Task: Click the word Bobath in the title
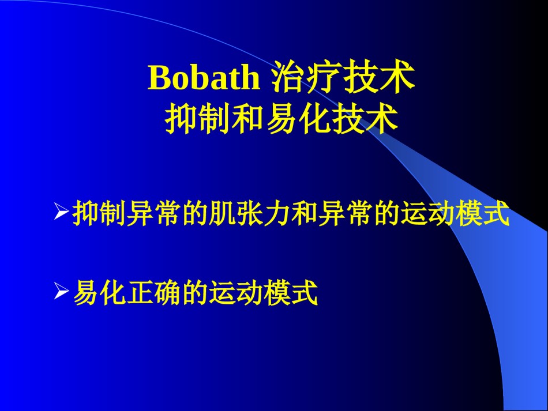(x=204, y=77)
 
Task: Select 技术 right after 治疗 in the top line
(x=379, y=77)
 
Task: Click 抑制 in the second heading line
(x=197, y=119)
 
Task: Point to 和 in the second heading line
(x=248, y=119)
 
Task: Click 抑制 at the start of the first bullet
(x=99, y=213)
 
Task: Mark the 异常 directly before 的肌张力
(x=153, y=213)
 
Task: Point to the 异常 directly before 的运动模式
(x=345, y=213)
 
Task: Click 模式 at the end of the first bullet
(x=482, y=213)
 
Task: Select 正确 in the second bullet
(x=153, y=293)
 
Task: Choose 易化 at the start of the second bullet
(x=99, y=293)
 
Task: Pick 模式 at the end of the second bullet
(x=291, y=293)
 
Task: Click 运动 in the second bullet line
(x=236, y=293)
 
